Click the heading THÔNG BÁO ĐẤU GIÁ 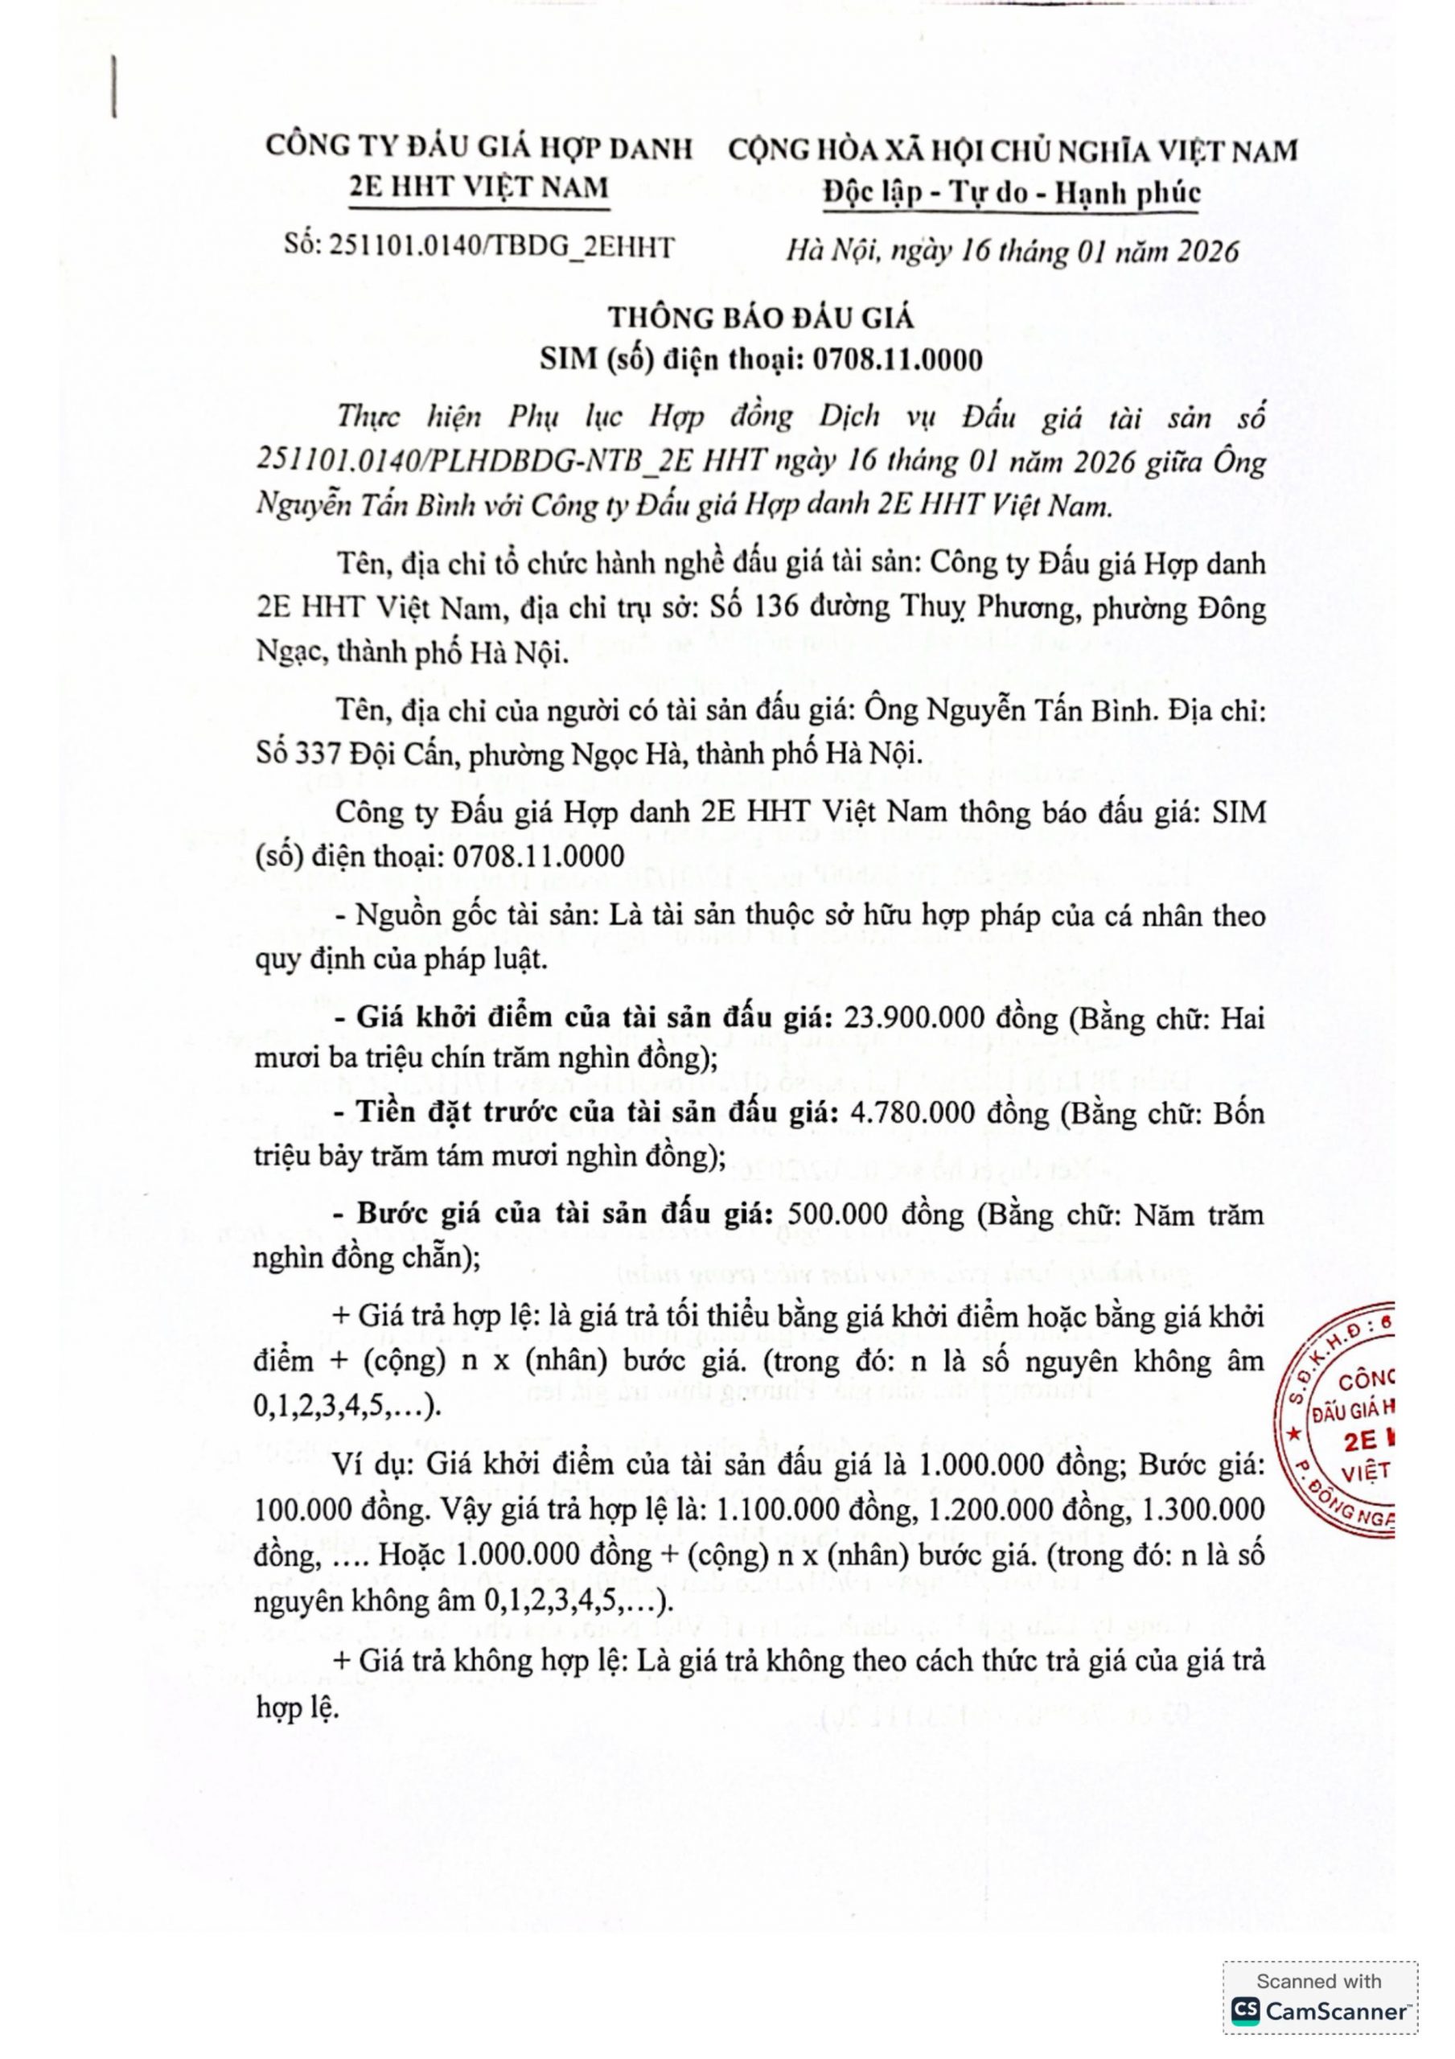pyautogui.click(x=761, y=318)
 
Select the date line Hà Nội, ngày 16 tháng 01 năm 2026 pyautogui.click(x=1013, y=250)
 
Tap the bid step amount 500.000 pyautogui.click(x=841, y=1214)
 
